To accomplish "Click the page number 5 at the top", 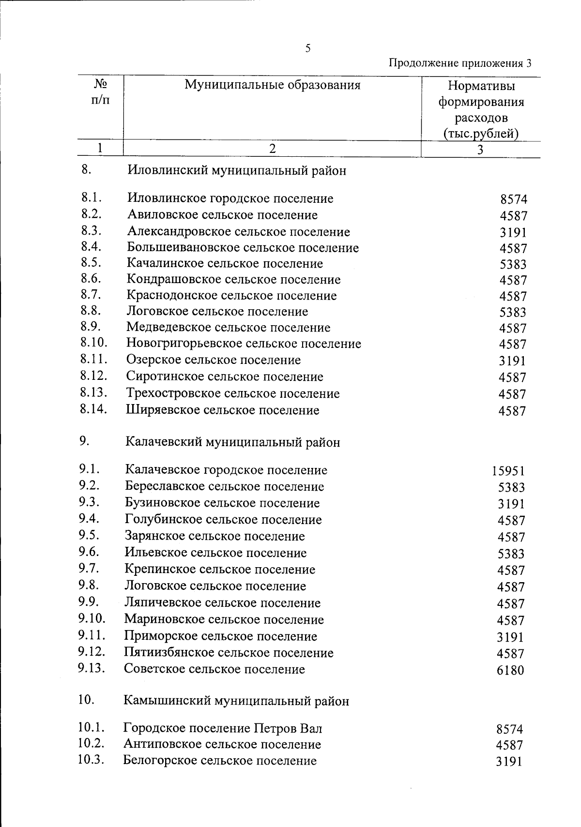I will coord(308,48).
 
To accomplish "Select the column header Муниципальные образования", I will coord(272,86).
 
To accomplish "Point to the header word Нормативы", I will coord(481,86).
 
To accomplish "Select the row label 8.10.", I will coord(93,343).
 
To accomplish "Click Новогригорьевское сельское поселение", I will coord(244,344).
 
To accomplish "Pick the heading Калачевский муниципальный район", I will coord(232,442).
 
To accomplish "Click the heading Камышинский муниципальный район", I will coord(236,701).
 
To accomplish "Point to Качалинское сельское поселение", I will coord(225,264).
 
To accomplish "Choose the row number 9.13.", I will coord(92,668).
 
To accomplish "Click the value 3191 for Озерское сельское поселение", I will coord(513,361).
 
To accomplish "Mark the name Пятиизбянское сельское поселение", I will coord(229,653).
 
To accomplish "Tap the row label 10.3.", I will coord(91,759).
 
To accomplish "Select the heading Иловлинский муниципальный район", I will coord(237,171).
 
